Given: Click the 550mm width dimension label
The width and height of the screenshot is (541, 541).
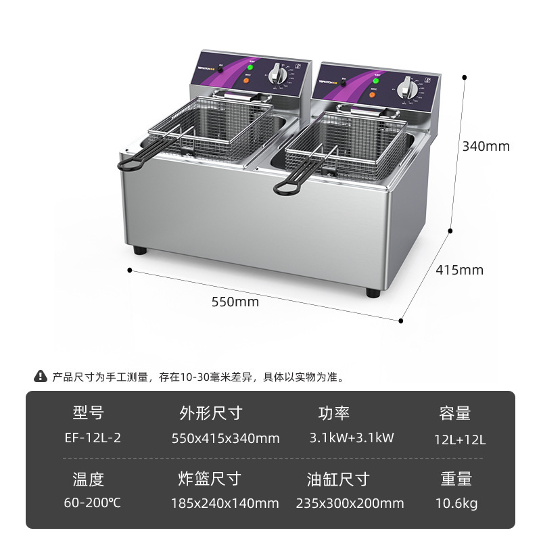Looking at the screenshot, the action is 235,302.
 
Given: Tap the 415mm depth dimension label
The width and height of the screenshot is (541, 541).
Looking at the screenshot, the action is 459,270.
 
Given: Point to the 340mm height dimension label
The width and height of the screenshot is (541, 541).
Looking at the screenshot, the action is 486,146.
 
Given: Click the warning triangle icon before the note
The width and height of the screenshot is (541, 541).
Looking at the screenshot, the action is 41,377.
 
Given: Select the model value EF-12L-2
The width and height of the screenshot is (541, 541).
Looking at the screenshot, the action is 89,438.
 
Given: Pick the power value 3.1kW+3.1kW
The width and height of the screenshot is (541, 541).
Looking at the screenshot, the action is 352,438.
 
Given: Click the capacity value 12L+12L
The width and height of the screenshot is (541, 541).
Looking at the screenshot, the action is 460,440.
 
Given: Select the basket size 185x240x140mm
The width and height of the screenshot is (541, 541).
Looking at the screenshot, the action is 226,503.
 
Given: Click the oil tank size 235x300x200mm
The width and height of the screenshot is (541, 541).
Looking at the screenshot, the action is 350,503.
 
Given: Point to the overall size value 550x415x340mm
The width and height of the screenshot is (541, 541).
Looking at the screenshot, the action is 226,439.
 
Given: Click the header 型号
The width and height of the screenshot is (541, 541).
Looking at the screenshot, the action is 89,413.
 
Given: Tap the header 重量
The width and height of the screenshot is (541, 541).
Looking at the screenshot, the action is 456,479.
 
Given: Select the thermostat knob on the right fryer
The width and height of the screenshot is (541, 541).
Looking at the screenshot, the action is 406,89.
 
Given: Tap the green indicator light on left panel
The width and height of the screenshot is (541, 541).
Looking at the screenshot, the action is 249,68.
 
